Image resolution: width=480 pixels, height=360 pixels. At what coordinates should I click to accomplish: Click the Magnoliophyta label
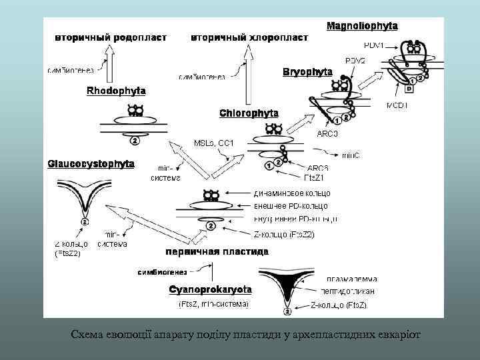(362, 26)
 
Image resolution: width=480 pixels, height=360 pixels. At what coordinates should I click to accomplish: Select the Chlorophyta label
(249, 113)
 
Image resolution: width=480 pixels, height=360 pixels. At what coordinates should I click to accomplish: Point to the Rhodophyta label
(116, 90)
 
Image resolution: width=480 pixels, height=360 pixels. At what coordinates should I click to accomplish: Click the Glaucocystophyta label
(91, 163)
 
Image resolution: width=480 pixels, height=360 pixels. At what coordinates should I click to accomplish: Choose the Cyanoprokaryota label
(210, 290)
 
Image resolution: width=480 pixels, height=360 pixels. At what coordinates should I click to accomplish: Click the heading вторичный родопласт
(110, 37)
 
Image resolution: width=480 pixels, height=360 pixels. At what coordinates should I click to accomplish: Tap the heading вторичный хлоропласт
(249, 37)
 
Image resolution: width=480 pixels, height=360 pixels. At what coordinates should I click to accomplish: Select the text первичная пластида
(217, 252)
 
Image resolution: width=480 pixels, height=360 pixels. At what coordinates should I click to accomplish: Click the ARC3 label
(328, 134)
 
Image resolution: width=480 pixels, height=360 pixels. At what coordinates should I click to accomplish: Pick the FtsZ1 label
(314, 177)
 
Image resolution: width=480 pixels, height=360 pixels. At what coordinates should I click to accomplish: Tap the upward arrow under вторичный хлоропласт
(250, 70)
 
